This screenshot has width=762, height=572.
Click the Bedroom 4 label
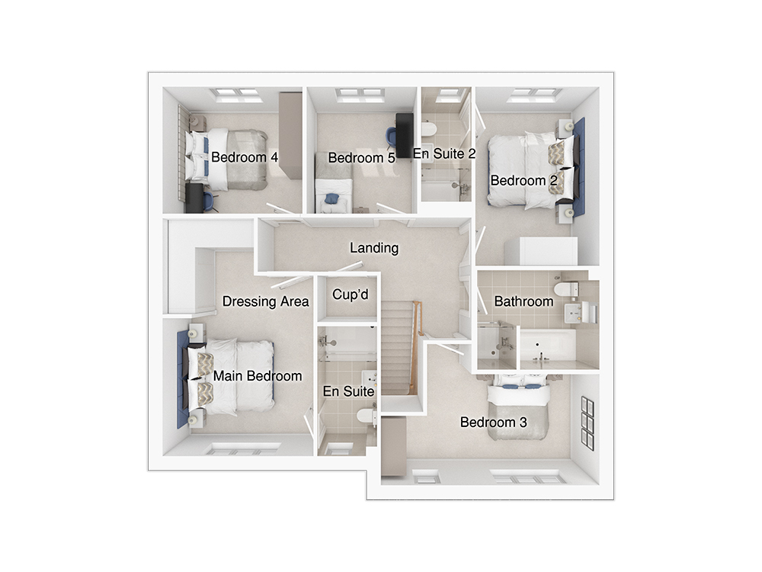point(245,157)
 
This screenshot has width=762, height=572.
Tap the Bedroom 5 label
point(361,158)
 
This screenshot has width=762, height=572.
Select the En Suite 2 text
point(444,154)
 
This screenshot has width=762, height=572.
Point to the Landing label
point(374,248)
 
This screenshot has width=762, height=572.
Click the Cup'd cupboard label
point(351,294)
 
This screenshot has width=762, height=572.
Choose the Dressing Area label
point(266,301)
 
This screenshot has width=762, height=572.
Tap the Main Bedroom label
point(258,376)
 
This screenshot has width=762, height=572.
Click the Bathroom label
point(524,301)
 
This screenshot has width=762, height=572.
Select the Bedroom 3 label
point(494,423)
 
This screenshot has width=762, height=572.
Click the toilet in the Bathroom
point(567,288)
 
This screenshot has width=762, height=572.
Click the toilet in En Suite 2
point(429,130)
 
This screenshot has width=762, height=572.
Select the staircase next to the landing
point(397,348)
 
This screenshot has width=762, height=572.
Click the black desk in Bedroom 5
point(405,135)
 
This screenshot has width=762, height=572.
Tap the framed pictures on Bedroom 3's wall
point(588,423)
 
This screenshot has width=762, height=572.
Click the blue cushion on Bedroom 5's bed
point(332,198)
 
